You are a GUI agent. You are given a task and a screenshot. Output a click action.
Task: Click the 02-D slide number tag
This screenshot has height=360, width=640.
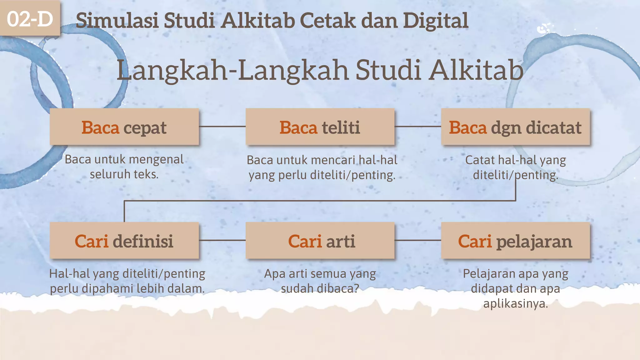[30, 19]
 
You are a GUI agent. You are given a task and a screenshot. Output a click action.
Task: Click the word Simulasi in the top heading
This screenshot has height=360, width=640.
[117, 21]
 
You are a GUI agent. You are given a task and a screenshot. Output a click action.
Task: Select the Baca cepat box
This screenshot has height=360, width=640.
[124, 127]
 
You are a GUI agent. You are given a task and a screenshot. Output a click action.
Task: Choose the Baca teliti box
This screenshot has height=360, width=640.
[320, 127]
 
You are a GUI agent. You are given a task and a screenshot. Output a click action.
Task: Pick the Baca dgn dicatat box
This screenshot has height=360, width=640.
[515, 127]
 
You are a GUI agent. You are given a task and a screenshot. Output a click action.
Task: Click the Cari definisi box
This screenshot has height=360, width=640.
[124, 241]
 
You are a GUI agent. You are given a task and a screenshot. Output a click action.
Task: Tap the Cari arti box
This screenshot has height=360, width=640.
[320, 241]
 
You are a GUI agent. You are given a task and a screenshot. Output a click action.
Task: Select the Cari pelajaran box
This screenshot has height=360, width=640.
[515, 241]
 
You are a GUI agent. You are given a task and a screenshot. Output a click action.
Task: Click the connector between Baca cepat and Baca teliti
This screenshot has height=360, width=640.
[222, 127]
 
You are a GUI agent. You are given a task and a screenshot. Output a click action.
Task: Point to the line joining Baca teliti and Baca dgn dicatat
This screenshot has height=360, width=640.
[418, 127]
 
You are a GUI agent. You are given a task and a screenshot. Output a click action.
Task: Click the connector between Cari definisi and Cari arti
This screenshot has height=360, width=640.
[222, 240]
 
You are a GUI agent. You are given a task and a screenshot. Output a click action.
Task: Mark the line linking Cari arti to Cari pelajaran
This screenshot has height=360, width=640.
[418, 240]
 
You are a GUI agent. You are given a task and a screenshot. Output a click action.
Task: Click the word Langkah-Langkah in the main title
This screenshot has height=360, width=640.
[232, 71]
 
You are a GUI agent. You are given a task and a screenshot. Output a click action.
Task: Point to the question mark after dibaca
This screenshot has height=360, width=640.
[356, 288]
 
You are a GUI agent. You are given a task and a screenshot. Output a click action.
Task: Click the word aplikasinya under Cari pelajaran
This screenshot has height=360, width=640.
[516, 303]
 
